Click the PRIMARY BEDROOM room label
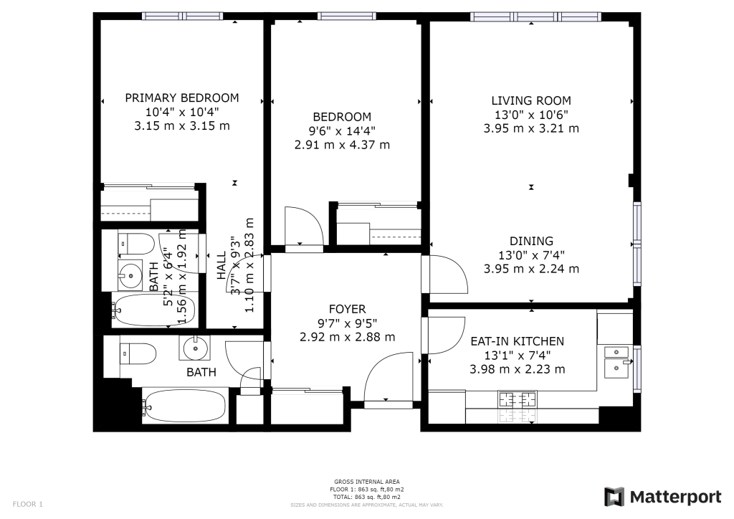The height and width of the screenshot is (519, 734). tap(182, 97)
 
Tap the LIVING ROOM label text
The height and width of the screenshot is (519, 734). tap(531, 100)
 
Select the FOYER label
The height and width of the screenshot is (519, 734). tap(348, 309)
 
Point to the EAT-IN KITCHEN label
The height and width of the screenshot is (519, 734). tap(518, 341)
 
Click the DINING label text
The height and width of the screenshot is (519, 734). tap(531, 241)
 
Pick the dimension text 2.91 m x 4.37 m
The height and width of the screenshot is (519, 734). tap(342, 145)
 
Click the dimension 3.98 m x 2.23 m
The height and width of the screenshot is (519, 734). tap(518, 369)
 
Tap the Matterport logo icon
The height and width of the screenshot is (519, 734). tap(614, 497)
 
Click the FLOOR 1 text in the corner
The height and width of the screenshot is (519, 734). tap(28, 504)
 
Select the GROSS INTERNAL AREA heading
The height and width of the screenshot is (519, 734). tap(367, 482)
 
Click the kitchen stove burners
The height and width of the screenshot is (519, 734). tap(518, 400)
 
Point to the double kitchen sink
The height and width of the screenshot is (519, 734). tap(616, 362)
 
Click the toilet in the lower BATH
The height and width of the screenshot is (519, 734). tap(138, 354)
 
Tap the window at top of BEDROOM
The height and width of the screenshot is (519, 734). tap(346, 16)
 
